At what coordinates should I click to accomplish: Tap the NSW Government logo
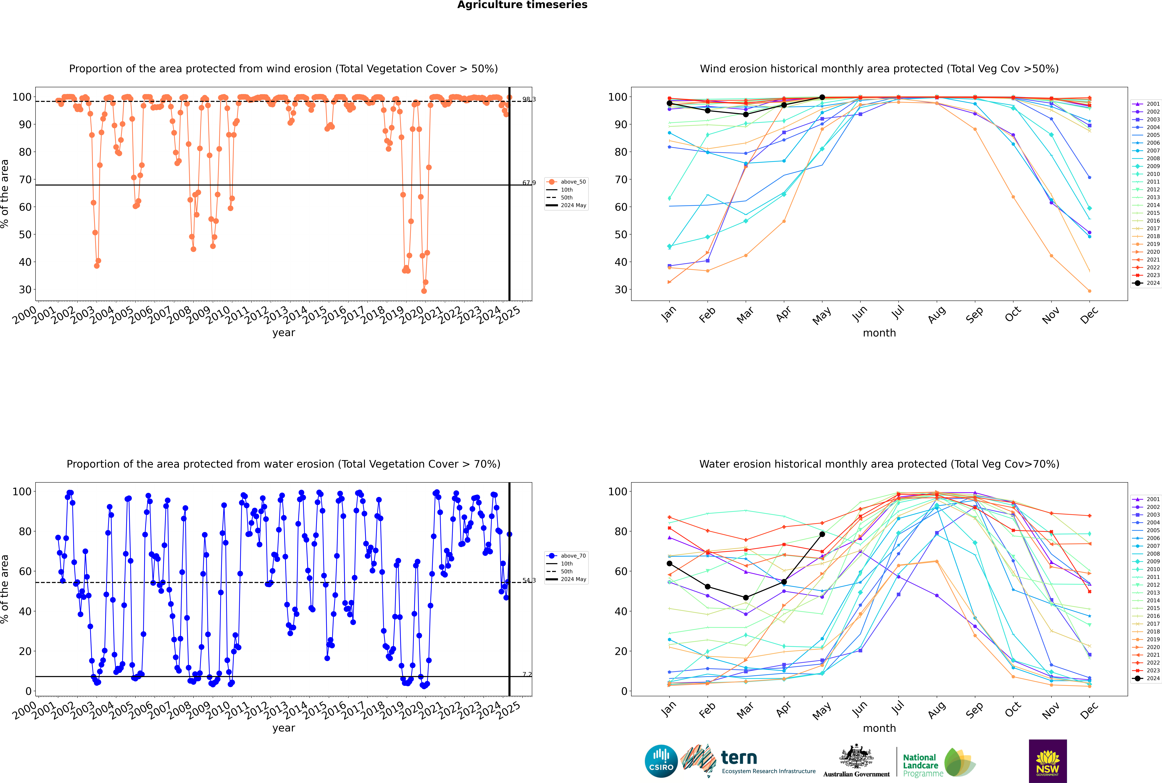(x=1048, y=761)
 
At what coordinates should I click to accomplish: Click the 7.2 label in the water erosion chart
(x=527, y=674)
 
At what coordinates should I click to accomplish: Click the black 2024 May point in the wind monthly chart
(x=822, y=97)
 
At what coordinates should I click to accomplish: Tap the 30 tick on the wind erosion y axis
(x=25, y=290)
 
